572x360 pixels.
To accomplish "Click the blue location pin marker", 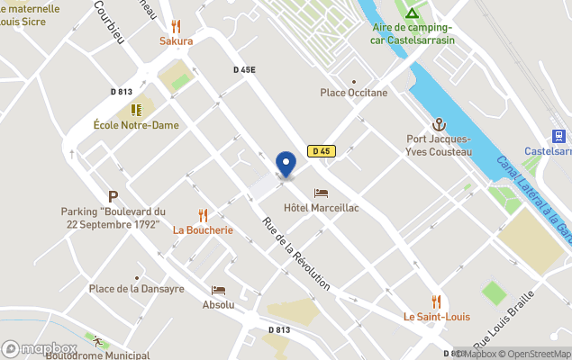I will tap(286, 165).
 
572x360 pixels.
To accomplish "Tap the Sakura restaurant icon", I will tap(177, 27).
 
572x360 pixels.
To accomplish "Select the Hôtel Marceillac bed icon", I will tap(322, 193).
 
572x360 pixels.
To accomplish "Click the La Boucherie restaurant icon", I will tap(203, 215).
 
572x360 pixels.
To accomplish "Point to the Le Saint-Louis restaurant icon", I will tap(437, 301).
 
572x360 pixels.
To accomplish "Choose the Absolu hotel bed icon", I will tap(218, 291).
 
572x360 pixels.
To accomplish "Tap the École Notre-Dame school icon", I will tap(136, 110).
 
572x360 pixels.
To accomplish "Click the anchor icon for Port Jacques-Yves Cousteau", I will tap(440, 124).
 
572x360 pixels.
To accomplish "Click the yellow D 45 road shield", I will tap(322, 151).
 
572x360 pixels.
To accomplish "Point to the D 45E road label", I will tap(244, 69).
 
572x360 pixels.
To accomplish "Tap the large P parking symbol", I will tap(113, 196).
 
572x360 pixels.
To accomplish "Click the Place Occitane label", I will tap(354, 92).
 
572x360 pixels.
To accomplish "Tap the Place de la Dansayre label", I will tap(136, 289).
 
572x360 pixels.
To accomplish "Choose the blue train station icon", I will tap(559, 136).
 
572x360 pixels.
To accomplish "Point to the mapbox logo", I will tap(39, 348).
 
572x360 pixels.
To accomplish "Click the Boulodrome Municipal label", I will tap(98, 355).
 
